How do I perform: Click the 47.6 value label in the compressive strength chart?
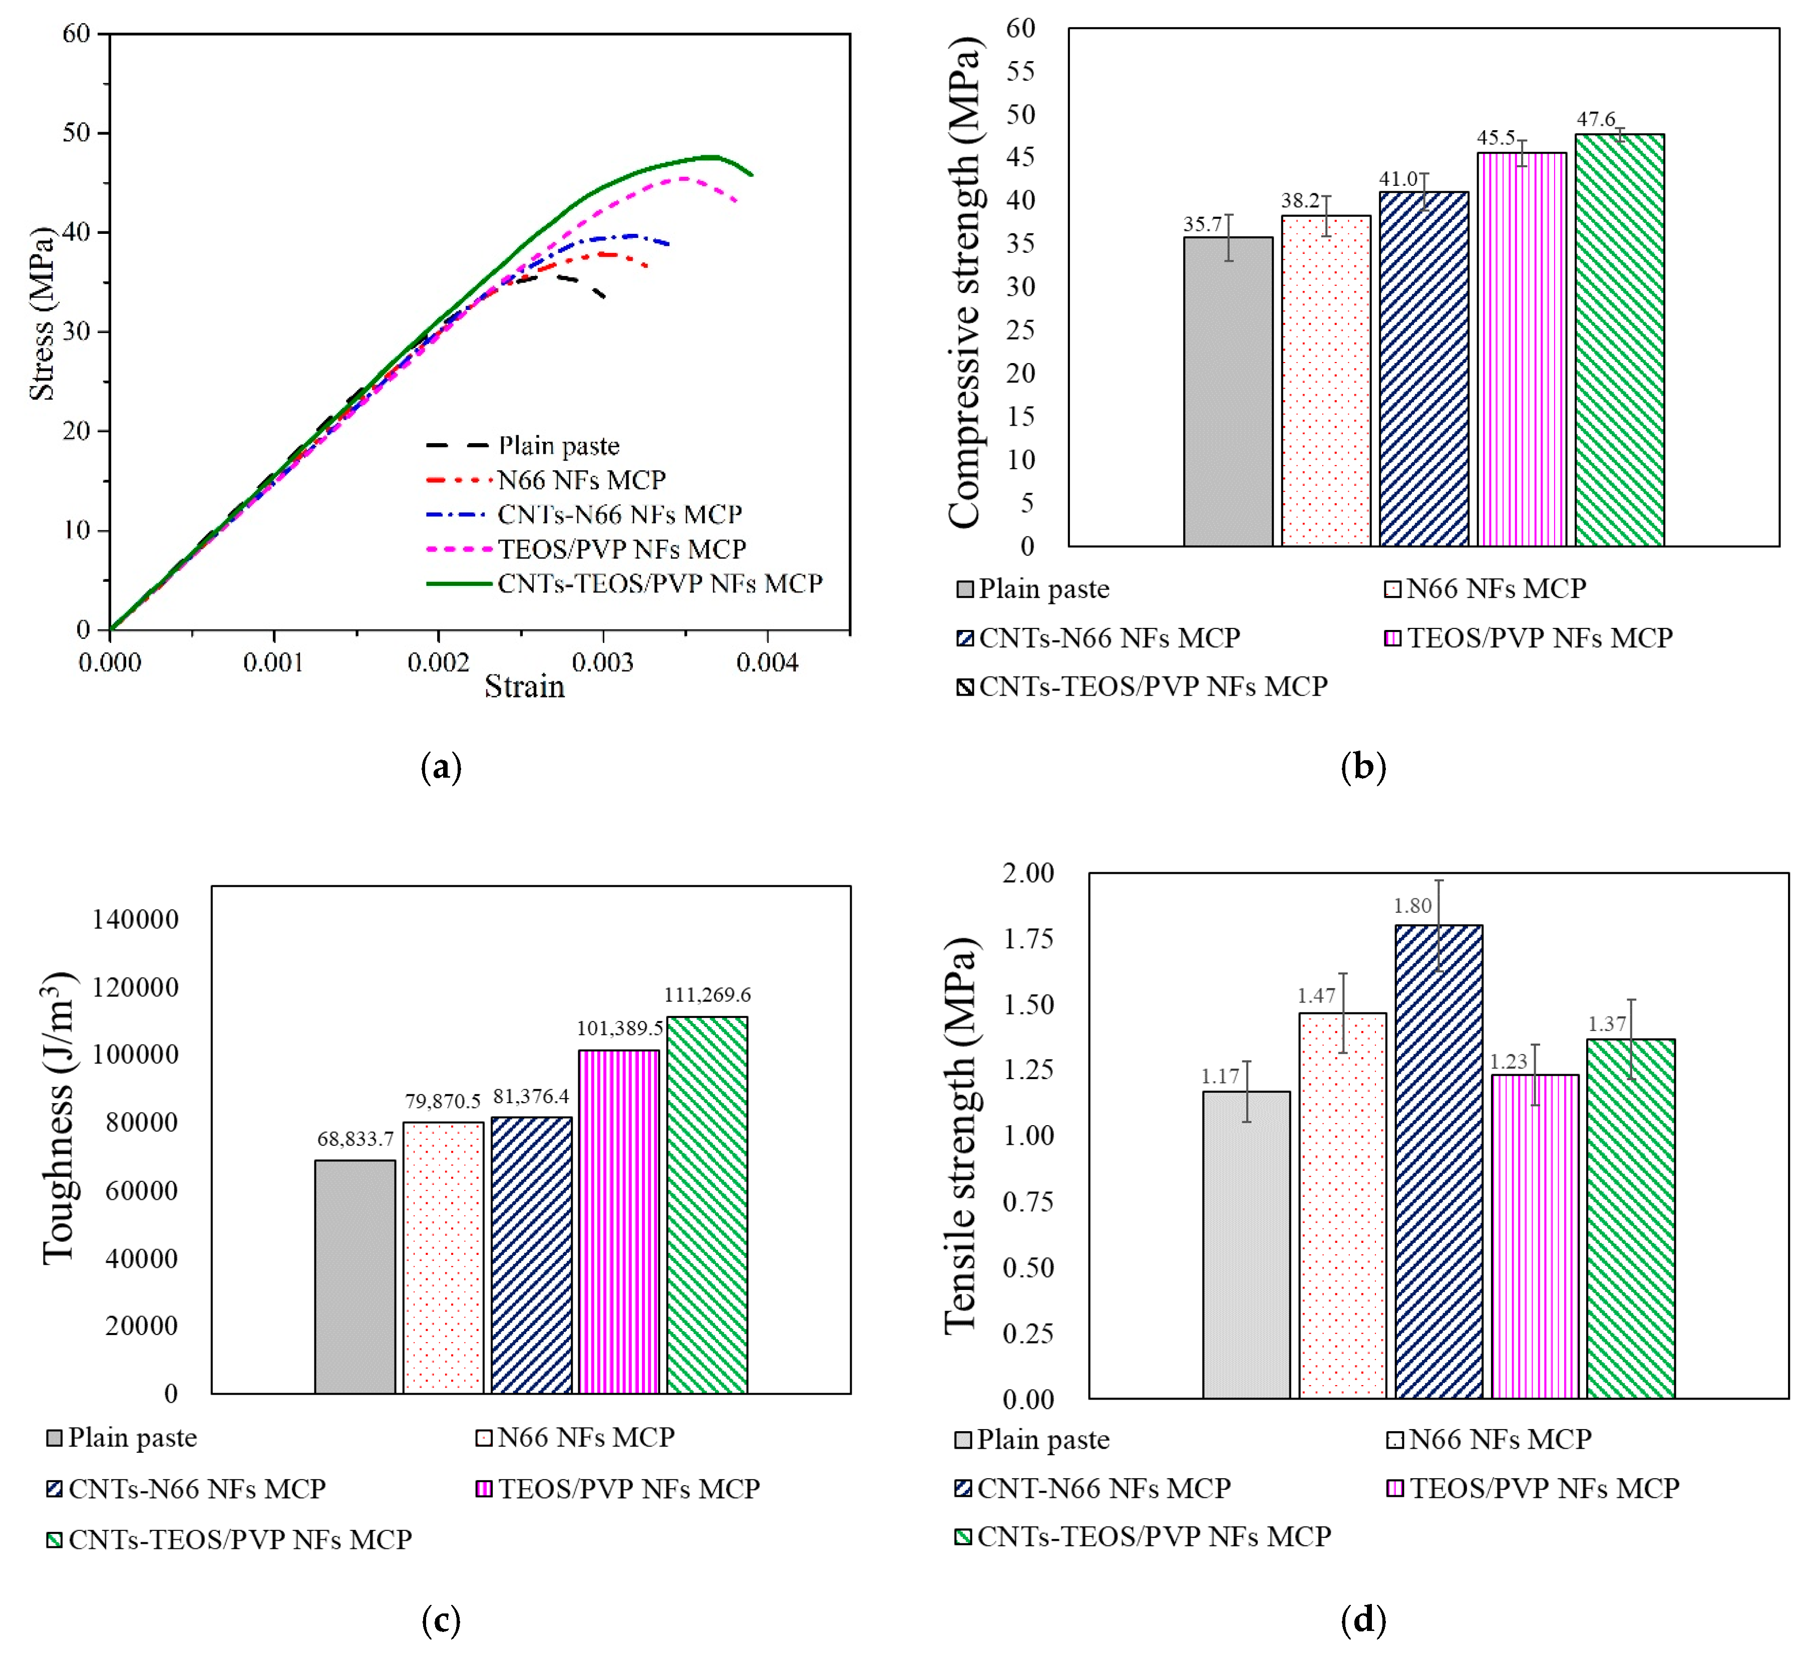point(1596,119)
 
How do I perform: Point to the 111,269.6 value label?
point(707,995)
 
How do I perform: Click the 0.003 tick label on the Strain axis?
point(602,663)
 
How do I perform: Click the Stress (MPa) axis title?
point(42,313)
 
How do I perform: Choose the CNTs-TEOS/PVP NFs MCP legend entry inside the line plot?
point(624,584)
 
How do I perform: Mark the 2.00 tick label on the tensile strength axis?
point(1028,872)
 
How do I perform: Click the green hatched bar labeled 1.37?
point(1631,1219)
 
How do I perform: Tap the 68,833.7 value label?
point(355,1139)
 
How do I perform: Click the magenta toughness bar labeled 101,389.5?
point(619,1222)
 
